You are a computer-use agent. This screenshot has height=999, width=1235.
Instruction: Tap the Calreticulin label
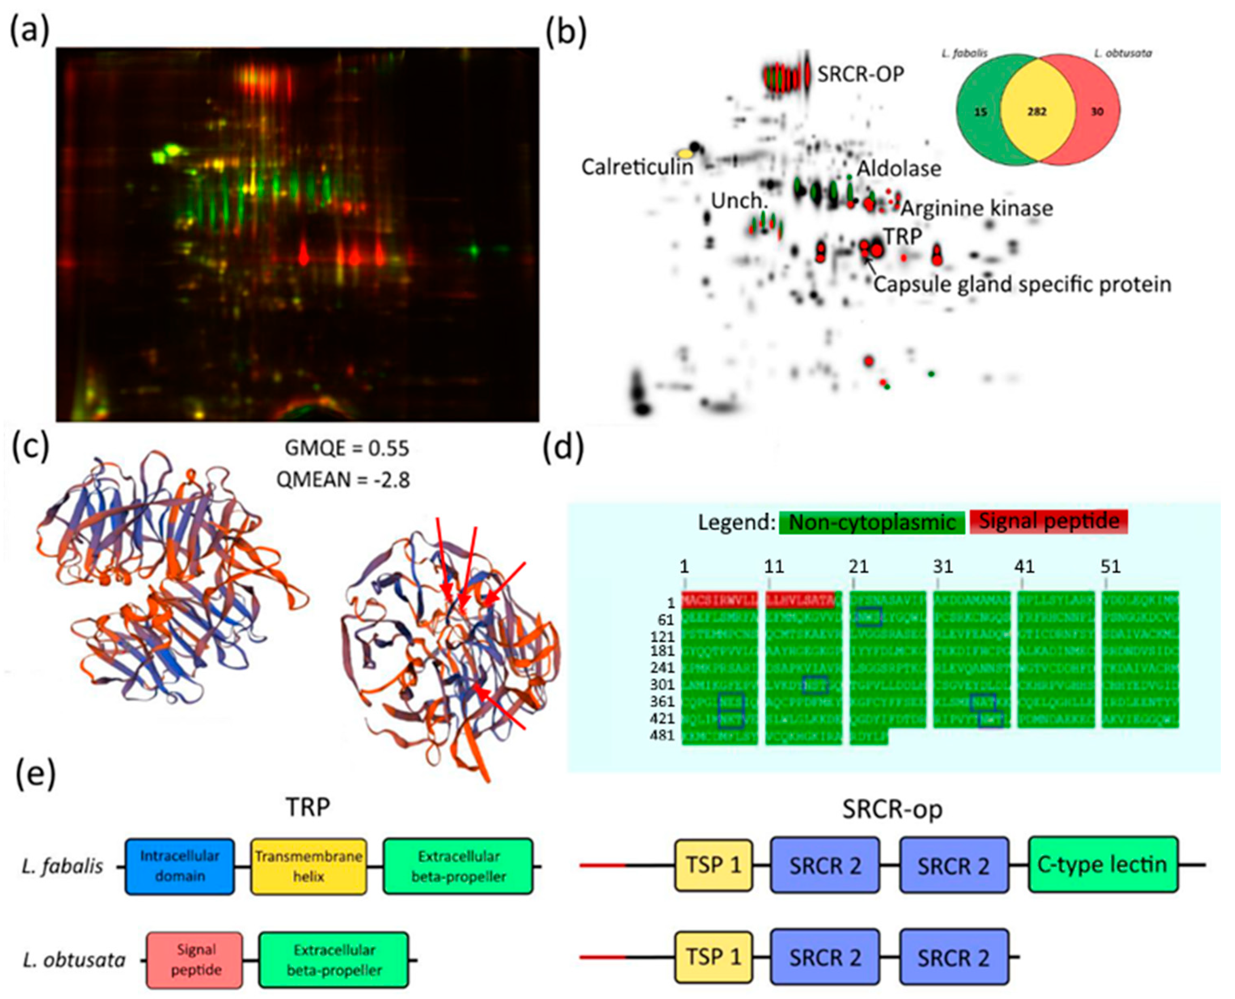[637, 167]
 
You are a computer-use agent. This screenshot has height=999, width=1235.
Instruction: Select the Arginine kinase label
[976, 208]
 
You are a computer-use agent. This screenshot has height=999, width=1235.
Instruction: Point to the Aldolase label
[899, 169]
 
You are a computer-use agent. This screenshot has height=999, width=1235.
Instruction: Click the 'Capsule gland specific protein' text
[1022, 284]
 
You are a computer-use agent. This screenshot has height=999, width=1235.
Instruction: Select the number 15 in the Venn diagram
[980, 112]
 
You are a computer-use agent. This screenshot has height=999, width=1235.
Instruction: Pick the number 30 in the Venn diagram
[1097, 112]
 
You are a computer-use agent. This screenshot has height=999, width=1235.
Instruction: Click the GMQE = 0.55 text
[347, 448]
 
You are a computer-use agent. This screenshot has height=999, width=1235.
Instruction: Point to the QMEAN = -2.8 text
[343, 479]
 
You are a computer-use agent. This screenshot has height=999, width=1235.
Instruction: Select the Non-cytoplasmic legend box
[872, 522]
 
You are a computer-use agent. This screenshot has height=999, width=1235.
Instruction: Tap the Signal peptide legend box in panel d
[1048, 521]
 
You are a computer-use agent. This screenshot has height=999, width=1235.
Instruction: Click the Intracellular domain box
[179, 866]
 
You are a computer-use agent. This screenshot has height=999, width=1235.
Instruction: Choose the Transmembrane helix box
[308, 866]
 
